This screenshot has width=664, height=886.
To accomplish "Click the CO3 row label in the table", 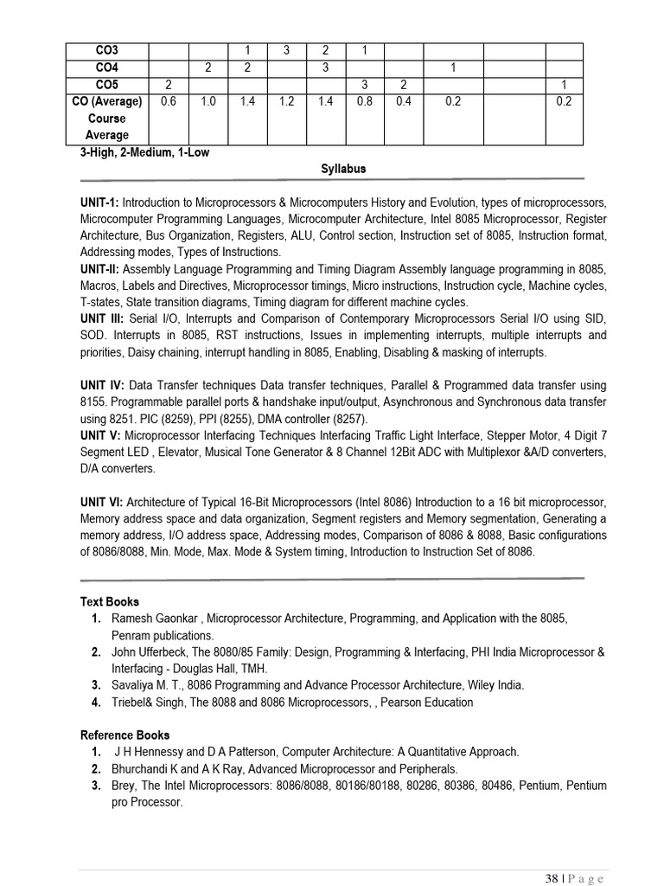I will coord(106,51).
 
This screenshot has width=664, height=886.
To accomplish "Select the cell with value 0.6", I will coord(169,101).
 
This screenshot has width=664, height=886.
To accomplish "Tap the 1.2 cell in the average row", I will coord(287,101).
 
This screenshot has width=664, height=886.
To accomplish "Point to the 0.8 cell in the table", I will coord(364,101).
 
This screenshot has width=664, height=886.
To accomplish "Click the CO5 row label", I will coord(106,85).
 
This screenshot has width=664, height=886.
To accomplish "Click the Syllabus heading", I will coord(343,169).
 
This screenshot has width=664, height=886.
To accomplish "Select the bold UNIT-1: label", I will coord(100,202).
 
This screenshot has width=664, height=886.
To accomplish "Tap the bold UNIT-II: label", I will coord(101,269).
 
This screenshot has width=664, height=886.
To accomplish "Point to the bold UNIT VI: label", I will coord(103,502).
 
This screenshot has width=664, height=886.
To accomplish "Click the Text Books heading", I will coord(110,601).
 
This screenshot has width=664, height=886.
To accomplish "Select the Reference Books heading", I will coord(124,735).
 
